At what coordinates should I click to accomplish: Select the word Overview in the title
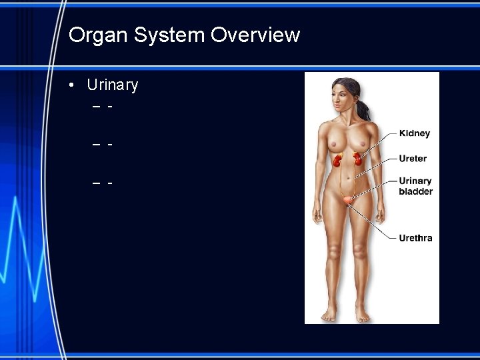pos(255,35)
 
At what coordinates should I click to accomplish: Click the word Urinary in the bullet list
pos(113,85)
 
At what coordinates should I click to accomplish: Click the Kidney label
pos(414,133)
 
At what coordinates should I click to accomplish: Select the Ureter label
pos(413,159)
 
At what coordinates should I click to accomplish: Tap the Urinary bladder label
pos(415,186)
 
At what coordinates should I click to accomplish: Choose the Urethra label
pos(415,238)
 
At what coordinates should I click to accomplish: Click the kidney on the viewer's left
pos(339,161)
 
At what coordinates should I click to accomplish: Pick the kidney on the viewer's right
pos(357,159)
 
